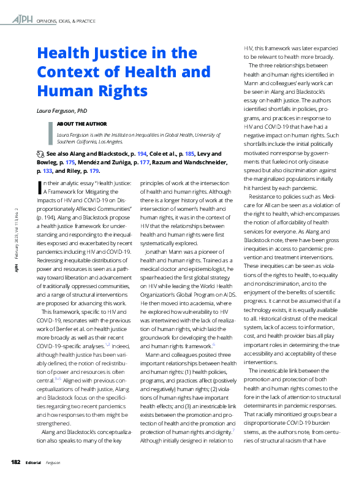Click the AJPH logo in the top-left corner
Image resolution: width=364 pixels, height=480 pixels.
23,20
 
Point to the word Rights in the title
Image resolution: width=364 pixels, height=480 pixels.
121,91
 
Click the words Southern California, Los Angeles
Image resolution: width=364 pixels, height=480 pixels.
93,140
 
